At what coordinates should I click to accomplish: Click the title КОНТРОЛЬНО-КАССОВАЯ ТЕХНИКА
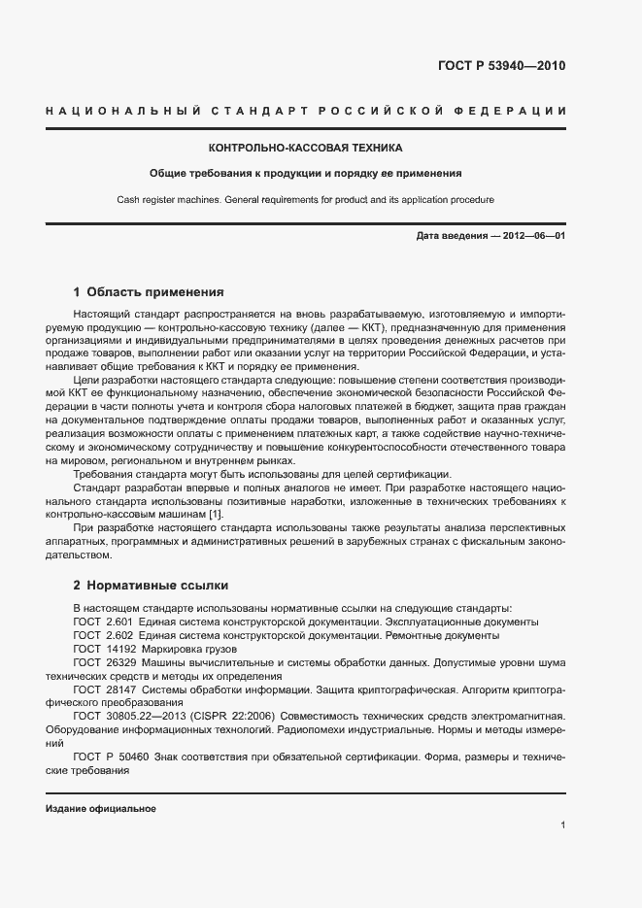tap(306, 149)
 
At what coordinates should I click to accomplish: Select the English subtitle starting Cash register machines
tap(306, 200)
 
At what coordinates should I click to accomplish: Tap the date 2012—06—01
tap(533, 236)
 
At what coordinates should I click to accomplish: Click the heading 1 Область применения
tap(149, 291)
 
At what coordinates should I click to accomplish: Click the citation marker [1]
tap(216, 514)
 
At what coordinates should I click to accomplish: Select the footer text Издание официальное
tap(100, 808)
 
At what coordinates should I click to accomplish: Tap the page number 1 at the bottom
tap(562, 826)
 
